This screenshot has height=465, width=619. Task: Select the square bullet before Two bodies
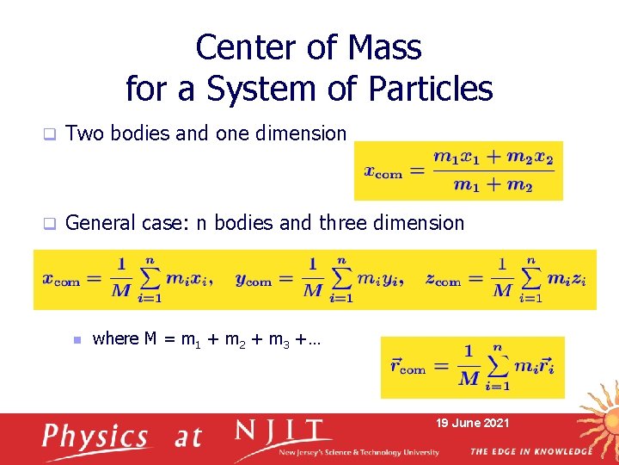pos(50,134)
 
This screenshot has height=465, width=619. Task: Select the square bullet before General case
pos(50,224)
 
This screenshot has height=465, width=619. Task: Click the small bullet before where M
pos(77,340)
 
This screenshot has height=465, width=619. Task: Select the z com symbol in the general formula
pos(443,280)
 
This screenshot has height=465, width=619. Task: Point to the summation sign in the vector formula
pos(496,367)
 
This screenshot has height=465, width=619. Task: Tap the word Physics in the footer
pos(96,437)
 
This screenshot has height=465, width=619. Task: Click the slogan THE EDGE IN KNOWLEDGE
pos(530,451)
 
